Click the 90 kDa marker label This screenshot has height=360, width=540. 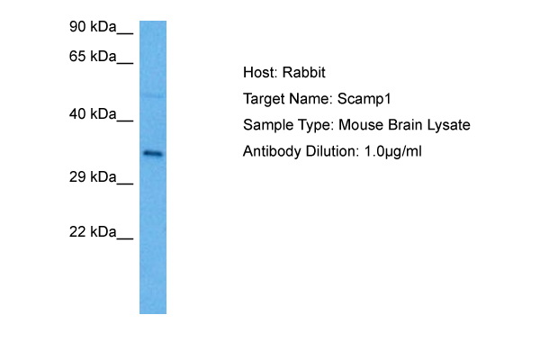[93, 26]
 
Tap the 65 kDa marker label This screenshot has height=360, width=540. [93, 56]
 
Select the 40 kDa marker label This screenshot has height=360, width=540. [93, 113]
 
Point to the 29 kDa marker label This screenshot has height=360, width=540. [93, 176]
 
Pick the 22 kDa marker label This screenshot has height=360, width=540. [93, 232]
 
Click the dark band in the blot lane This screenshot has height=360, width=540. [153, 153]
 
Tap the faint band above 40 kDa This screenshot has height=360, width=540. [153, 95]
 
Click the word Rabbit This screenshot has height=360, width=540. [304, 72]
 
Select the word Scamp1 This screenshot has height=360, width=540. [364, 98]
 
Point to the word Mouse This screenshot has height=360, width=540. [361, 125]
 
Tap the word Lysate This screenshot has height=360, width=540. [449, 125]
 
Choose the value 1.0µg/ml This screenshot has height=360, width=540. [393, 151]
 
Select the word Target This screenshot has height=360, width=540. [263, 99]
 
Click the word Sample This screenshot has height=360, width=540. [264, 125]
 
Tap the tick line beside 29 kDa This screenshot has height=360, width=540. [125, 184]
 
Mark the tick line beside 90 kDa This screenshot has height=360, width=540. [125, 33]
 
